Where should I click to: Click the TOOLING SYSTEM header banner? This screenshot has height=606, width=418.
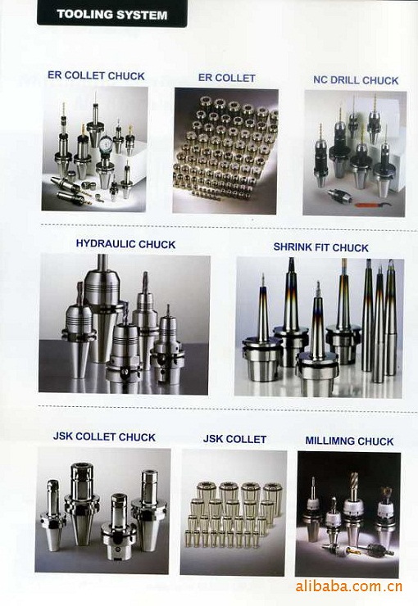click(x=111, y=14)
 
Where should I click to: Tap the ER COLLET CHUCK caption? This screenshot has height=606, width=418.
click(x=96, y=75)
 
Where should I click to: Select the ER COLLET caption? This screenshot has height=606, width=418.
click(x=226, y=78)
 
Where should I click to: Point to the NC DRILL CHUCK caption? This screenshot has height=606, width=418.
click(x=356, y=80)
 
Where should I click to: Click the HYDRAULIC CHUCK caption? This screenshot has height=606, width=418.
click(x=125, y=244)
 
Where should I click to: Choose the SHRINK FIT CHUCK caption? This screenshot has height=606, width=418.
click(x=321, y=247)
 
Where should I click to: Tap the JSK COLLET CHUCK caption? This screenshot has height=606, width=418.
click(x=104, y=436)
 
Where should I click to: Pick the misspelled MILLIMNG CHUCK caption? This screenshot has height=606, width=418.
click(x=349, y=441)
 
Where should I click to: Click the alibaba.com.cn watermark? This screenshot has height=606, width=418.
click(x=349, y=586)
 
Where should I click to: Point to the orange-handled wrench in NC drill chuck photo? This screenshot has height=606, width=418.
click(x=373, y=204)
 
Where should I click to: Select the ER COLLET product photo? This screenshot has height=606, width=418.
click(x=225, y=151)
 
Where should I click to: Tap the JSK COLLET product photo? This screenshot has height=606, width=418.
click(x=234, y=512)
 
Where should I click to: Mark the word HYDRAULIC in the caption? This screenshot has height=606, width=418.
click(x=105, y=244)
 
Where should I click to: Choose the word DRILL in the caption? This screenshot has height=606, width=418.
click(x=345, y=80)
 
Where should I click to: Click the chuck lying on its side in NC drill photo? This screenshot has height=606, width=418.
click(x=338, y=195)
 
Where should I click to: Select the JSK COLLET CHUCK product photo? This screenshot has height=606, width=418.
click(x=102, y=511)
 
